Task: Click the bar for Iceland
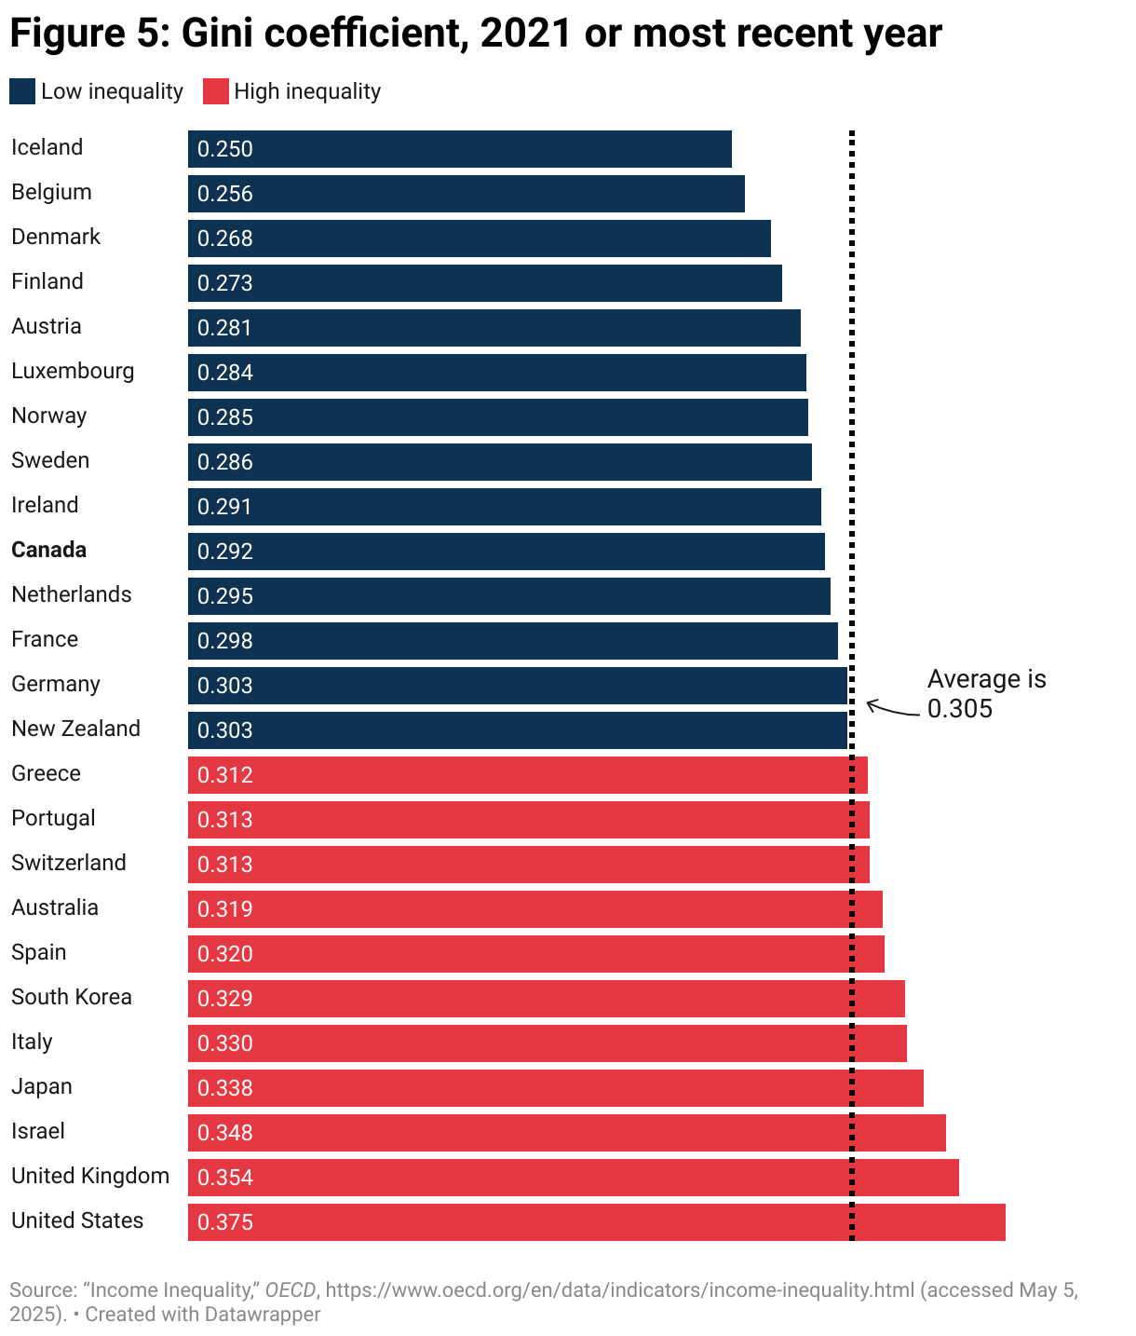point(460,149)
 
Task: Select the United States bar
point(596,1222)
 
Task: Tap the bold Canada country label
point(48,550)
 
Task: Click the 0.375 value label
point(225,1222)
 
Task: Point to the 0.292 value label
point(225,552)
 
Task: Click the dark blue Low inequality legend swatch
point(22,91)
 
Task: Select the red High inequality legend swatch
point(215,91)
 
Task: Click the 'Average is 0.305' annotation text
point(986,694)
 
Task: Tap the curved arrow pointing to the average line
point(892,710)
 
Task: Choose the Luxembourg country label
point(73,371)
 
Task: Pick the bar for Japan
point(555,1088)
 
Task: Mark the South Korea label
point(72,997)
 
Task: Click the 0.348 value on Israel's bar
point(225,1133)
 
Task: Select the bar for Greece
point(527,775)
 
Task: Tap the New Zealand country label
point(75,729)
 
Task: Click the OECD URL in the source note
point(619,1290)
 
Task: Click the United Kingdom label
point(90,1176)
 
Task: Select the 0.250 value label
point(225,149)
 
